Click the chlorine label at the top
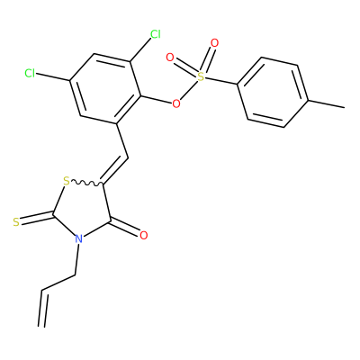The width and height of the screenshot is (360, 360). click(156, 34)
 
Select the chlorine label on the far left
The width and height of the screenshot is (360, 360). click(30, 73)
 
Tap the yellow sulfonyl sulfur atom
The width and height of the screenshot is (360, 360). click(201, 77)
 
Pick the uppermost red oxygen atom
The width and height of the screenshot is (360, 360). click(214, 43)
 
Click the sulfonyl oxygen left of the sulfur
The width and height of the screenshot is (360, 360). click(170, 58)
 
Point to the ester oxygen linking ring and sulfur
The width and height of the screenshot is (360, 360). click(176, 104)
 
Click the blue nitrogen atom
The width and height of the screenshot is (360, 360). click(78, 238)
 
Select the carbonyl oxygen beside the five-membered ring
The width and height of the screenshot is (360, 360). click(144, 236)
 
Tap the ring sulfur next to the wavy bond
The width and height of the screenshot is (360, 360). click(67, 181)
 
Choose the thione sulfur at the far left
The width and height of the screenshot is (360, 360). click(16, 222)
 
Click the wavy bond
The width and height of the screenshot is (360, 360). click(87, 183)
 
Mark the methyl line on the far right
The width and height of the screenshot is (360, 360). click(326, 103)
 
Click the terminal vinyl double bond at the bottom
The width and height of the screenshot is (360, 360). click(42, 308)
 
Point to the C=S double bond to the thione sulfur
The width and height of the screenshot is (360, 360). click(37, 217)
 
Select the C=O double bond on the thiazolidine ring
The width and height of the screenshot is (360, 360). click(125, 227)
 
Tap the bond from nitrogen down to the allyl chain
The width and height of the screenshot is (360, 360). click(77, 259)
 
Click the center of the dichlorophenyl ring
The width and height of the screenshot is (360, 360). click(105, 89)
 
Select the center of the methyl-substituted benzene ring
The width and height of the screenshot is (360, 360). click(273, 93)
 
